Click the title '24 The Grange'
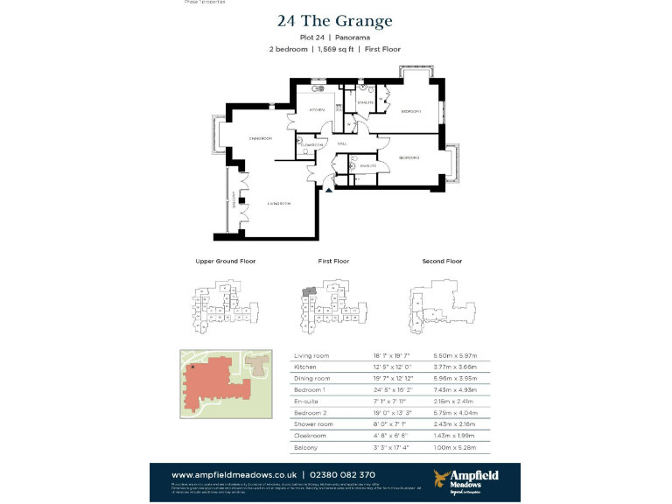[335, 21]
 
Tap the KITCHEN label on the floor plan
[317, 110]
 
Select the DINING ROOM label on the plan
[261, 138]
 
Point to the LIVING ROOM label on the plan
[279, 203]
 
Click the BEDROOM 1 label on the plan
[411, 111]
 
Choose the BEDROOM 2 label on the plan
[409, 157]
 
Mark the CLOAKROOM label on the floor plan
[311, 144]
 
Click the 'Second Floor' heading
[442, 261]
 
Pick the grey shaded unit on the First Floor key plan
[308, 290]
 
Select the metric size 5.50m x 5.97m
[457, 356]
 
